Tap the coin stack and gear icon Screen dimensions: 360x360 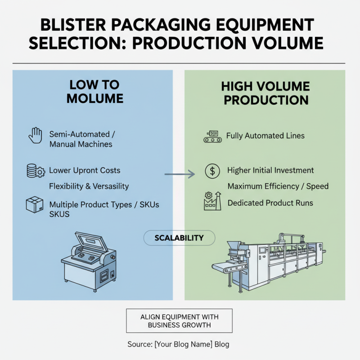pyautogui.click(x=34, y=171)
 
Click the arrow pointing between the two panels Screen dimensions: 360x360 pyautogui.click(x=179, y=174)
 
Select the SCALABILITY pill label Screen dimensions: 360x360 pyautogui.click(x=179, y=238)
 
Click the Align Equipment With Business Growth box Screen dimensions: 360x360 pyautogui.click(x=179, y=320)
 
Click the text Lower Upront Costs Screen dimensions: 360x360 pyautogui.click(x=85, y=171)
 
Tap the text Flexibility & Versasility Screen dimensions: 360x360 pyautogui.click(x=89, y=186)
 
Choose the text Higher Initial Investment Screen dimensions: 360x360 pyautogui.click(x=270, y=171)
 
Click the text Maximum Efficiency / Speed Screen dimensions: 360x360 pyautogui.click(x=278, y=186)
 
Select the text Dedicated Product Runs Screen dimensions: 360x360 pyautogui.click(x=270, y=203)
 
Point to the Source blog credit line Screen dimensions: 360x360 pyautogui.click(x=178, y=345)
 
